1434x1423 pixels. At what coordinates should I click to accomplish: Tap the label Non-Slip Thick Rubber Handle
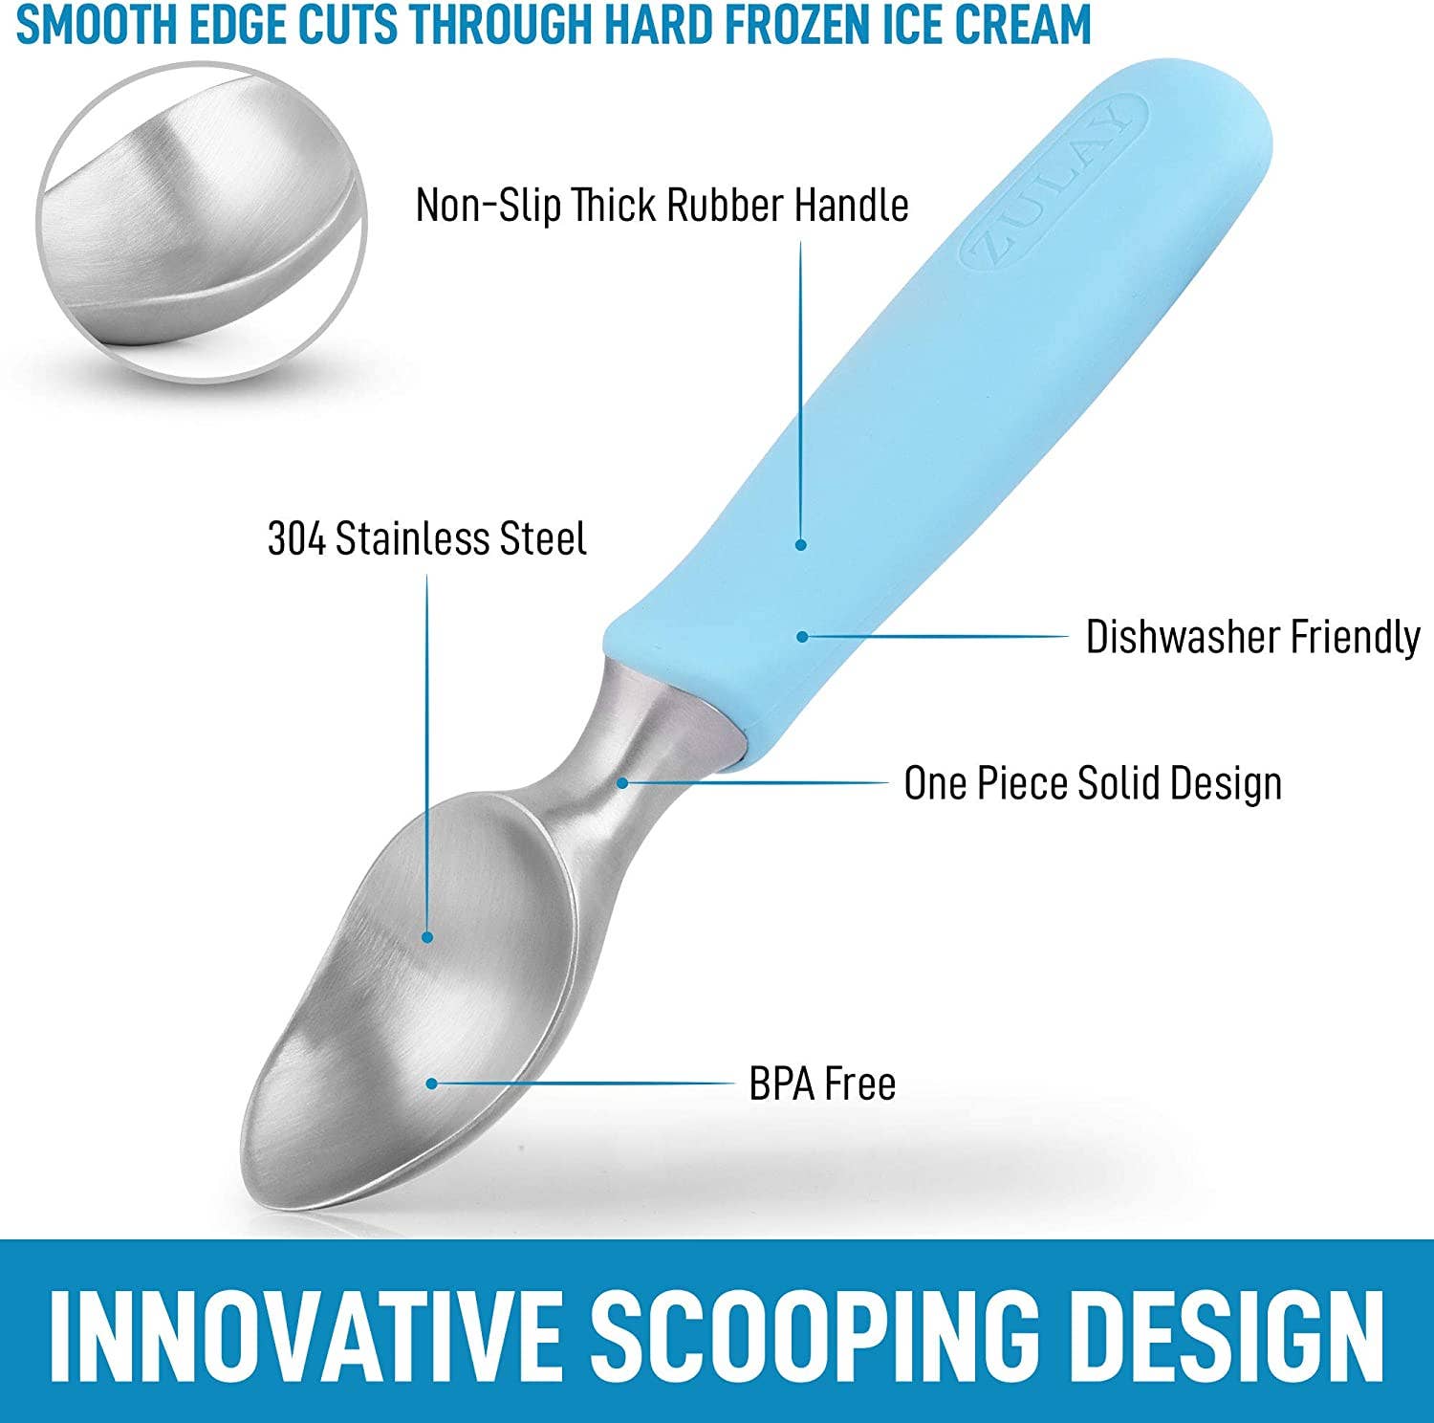[x=662, y=205]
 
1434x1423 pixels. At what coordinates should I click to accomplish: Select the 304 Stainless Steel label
[x=426, y=538]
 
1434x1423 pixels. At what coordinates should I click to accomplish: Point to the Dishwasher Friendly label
[x=1252, y=637]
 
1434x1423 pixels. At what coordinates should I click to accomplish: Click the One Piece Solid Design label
[x=1092, y=783]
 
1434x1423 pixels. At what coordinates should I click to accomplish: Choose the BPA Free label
[x=822, y=1084]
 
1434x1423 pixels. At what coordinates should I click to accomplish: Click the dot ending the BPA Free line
[x=432, y=1084]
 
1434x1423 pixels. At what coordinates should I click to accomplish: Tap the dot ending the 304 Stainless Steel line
[x=427, y=938]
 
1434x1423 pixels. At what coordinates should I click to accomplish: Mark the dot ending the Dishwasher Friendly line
[x=802, y=636]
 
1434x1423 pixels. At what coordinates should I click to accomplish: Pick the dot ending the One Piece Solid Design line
[x=621, y=782]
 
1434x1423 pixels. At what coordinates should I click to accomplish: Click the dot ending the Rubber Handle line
[x=801, y=544]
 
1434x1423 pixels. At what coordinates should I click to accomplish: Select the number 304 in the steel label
[x=296, y=538]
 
